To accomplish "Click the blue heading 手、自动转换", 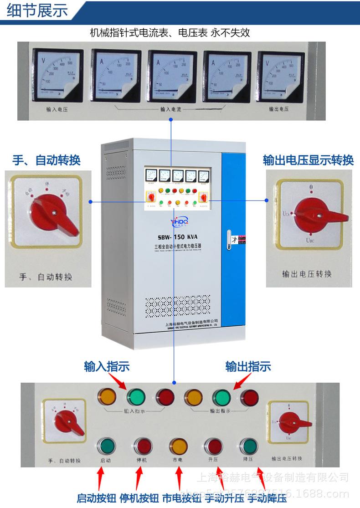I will coord(46,160).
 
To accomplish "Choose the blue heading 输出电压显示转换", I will coord(308,160).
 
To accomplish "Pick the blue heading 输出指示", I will coord(248,366).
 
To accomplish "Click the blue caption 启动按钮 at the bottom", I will coord(96,498).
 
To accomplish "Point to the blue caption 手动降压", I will coord(267,498).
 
